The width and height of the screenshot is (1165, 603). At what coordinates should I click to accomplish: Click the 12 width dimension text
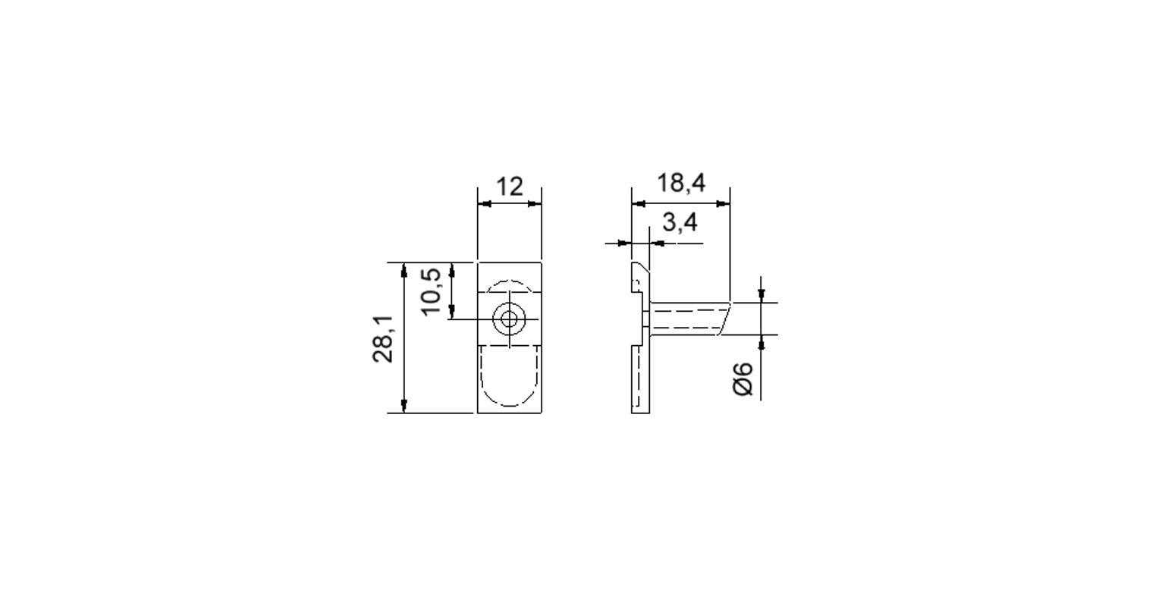tap(509, 187)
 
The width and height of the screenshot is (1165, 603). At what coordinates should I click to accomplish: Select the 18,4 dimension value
tap(681, 183)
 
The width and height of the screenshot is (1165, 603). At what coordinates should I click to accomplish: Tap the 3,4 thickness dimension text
tap(680, 223)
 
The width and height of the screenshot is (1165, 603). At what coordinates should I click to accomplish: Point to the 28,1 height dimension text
tap(383, 339)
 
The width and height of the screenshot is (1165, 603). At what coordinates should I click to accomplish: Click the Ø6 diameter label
tap(743, 378)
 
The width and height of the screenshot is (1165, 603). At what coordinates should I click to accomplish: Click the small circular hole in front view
tap(509, 319)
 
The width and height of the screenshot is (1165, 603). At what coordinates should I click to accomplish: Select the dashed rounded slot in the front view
tap(509, 375)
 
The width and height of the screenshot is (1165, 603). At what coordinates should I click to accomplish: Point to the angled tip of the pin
tap(724, 319)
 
